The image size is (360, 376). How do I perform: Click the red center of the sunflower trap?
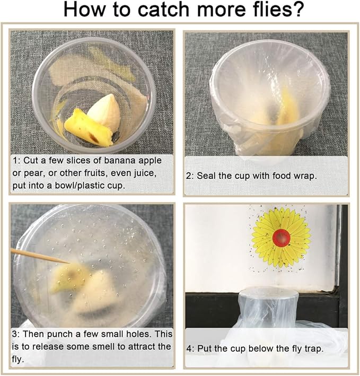(x=282, y=237)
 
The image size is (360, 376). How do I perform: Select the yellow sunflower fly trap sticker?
(x=281, y=237)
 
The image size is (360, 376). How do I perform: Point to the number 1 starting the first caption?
(x=15, y=160)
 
